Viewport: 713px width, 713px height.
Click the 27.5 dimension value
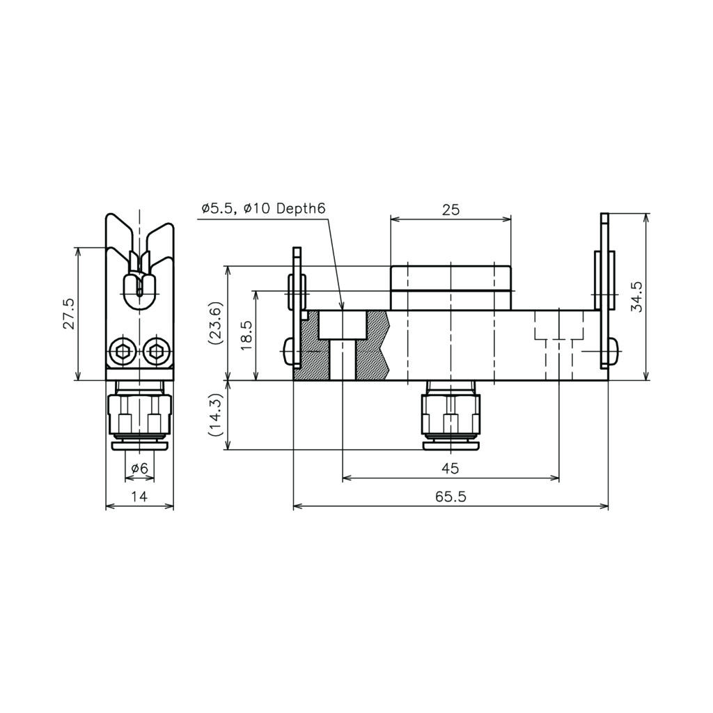coord(69,314)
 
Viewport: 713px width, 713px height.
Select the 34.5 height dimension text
coord(638,297)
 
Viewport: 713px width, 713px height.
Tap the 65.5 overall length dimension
coord(450,496)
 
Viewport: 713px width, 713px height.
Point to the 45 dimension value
coord(450,468)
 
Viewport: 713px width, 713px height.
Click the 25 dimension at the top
coord(450,210)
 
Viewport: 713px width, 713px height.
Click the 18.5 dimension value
coord(247,336)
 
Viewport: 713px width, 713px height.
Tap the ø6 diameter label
coord(139,468)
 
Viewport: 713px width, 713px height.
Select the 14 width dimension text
coord(139,496)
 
